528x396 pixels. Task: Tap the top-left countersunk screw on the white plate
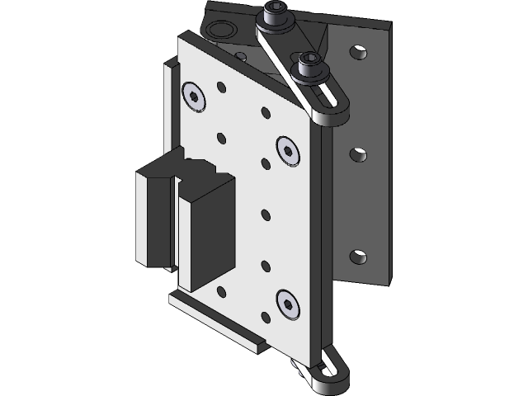pos(195,97)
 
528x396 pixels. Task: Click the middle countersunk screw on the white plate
pos(288,150)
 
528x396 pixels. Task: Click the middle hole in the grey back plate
pos(359,154)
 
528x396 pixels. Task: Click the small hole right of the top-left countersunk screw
pos(221,87)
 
